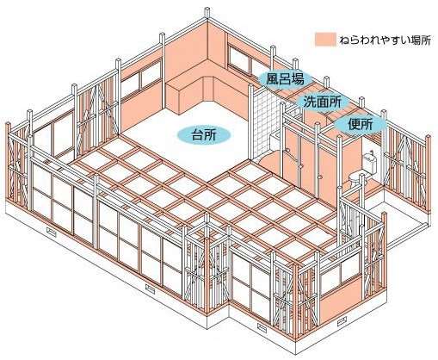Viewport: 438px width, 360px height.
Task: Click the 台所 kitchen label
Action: pyautogui.click(x=204, y=134)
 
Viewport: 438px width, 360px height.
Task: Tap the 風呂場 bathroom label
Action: pyautogui.click(x=285, y=78)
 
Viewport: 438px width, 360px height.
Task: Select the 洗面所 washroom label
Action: pyautogui.click(x=322, y=102)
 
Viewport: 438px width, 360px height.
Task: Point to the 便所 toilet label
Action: pyautogui.click(x=361, y=125)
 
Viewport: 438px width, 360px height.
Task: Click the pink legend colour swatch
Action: pyautogui.click(x=325, y=40)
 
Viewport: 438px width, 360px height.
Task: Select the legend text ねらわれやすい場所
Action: pyautogui.click(x=385, y=40)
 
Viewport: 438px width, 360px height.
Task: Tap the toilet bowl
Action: pyautogui.click(x=355, y=179)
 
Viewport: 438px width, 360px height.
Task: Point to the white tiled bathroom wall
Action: pyautogui.click(x=265, y=123)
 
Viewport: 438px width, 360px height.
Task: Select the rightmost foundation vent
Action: pyautogui.click(x=342, y=322)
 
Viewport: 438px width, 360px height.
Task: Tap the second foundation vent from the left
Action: pyautogui.click(x=150, y=289)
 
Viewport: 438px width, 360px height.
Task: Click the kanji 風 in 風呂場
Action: pyautogui.click(x=272, y=78)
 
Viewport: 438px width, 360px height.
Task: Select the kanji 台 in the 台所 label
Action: pyautogui.click(x=198, y=135)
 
